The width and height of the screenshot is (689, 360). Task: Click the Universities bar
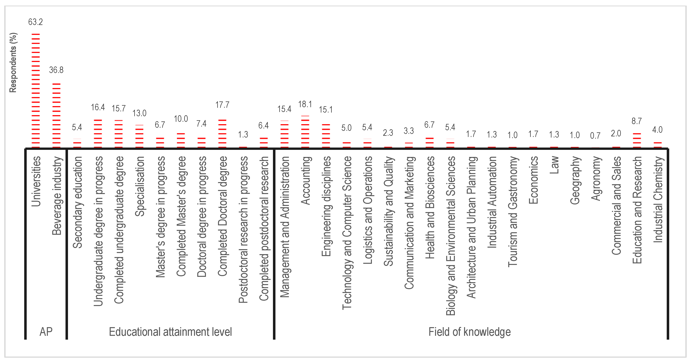[36, 91]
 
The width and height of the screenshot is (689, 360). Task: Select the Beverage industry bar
[56, 115]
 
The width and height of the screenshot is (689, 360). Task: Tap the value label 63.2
[36, 22]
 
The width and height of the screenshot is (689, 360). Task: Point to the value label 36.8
[56, 70]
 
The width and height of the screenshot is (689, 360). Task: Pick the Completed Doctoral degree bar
[222, 134]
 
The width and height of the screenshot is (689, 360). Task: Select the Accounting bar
[305, 132]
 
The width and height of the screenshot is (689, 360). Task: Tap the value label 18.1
[305, 104]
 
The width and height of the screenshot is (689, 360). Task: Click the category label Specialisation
[139, 186]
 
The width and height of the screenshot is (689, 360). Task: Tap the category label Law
[554, 165]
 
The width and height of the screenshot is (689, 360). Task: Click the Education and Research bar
[637, 140]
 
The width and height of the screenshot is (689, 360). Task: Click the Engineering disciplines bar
[326, 136]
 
